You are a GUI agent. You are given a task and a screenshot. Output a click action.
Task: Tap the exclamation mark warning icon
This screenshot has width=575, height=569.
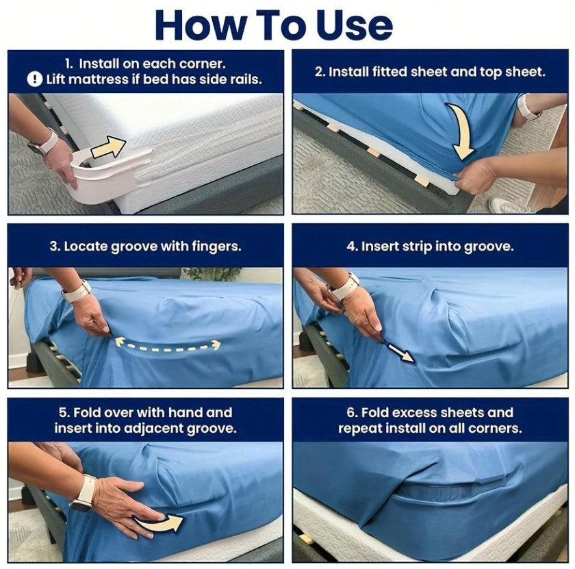click(x=35, y=79)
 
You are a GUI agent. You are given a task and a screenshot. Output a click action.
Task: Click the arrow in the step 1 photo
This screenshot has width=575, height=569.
click(x=109, y=147)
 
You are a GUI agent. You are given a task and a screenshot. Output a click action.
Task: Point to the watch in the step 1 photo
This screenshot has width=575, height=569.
click(x=44, y=144)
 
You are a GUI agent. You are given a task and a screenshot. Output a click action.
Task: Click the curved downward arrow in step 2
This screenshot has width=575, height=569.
click(x=462, y=130)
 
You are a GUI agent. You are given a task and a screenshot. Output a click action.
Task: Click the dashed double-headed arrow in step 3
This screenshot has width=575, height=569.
click(x=168, y=346)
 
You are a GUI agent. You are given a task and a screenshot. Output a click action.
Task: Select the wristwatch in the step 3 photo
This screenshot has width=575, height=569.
click(x=76, y=292)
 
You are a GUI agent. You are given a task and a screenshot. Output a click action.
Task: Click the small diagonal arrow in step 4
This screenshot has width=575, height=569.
click(x=400, y=352)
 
